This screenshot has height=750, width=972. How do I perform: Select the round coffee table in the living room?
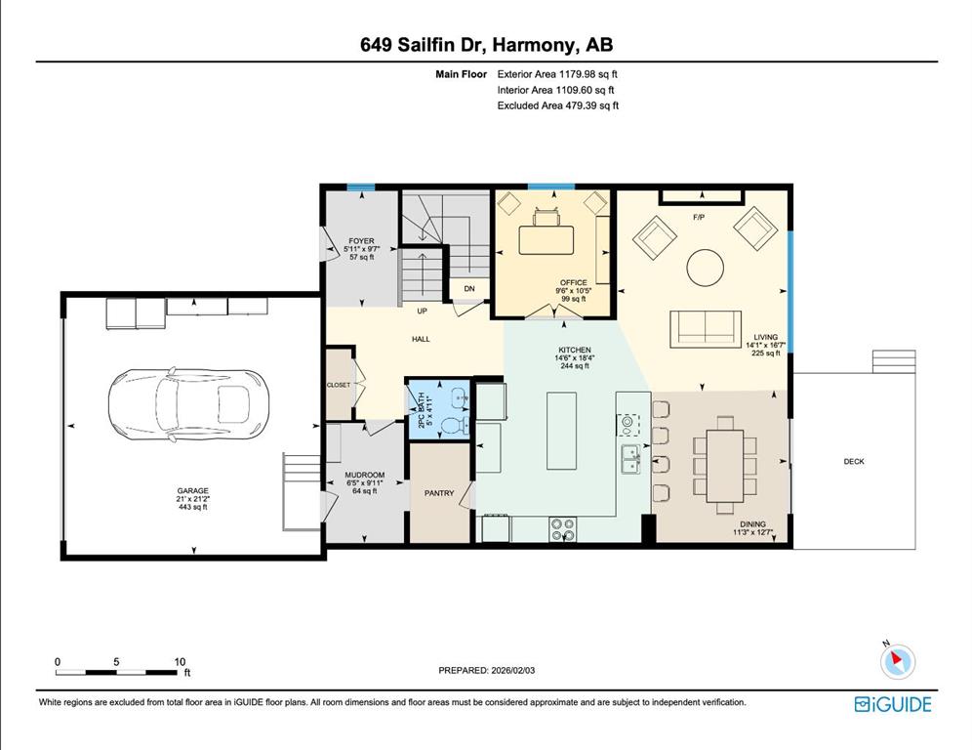705,267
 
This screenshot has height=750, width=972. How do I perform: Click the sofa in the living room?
704,328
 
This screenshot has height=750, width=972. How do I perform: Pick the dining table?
723,464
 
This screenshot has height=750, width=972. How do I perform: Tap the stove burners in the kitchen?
563,528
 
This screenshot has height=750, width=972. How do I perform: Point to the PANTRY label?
439,493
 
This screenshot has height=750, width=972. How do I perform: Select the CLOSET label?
339,385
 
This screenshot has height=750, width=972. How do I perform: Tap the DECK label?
854,462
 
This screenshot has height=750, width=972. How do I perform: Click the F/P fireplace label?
699,216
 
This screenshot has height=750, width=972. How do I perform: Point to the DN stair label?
468,288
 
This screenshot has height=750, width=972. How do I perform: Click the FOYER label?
361,241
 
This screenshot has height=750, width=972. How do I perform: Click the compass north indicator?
896,661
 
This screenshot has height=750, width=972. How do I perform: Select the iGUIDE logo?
892,704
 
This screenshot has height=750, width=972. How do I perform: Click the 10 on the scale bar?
180,662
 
